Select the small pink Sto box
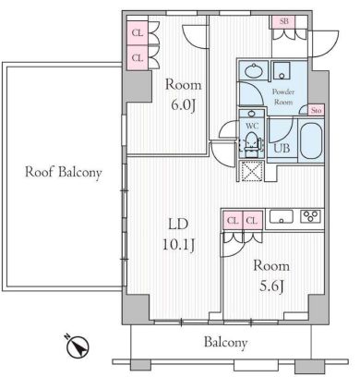316,110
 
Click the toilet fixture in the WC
250,144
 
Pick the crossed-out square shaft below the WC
250,173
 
